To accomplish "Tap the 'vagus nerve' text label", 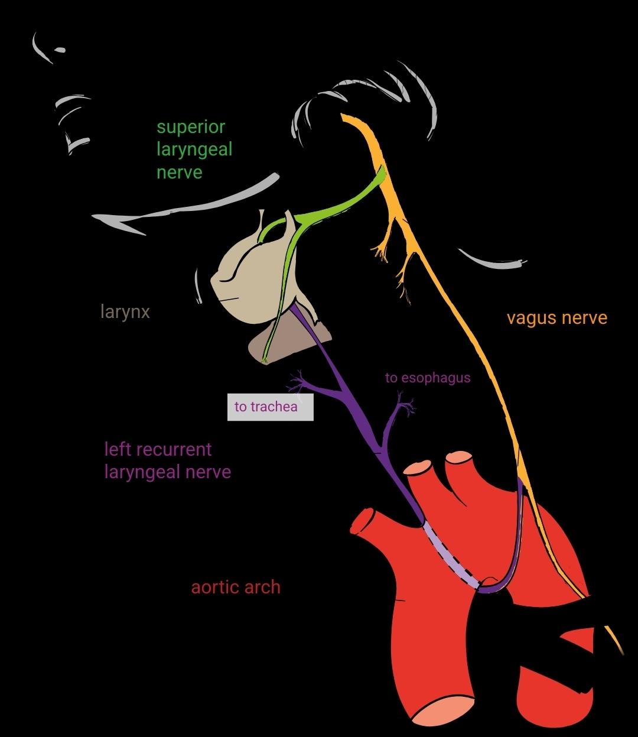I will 556,318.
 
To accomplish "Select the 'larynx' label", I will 125,311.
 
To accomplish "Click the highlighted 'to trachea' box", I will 270,407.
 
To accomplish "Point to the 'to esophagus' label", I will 428,378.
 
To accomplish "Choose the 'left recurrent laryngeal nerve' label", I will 167,460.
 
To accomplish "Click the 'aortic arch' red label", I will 236,587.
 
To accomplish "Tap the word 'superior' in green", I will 191,127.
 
